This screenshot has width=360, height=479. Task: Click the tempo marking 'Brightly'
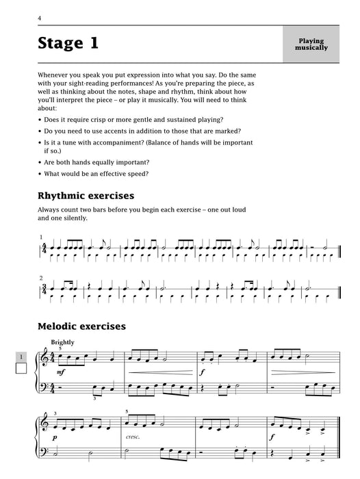pos(63,342)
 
